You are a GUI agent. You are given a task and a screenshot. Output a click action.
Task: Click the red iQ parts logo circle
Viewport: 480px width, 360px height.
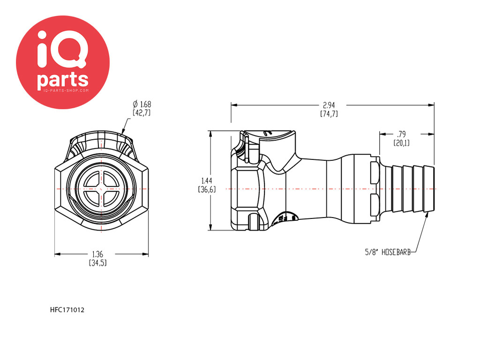click(63, 62)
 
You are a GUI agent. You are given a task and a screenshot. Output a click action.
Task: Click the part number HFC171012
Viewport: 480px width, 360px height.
click(67, 310)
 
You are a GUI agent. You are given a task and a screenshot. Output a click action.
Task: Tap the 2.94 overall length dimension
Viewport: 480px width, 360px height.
click(329, 109)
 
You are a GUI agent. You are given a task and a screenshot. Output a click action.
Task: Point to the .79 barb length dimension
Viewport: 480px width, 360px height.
click(401, 138)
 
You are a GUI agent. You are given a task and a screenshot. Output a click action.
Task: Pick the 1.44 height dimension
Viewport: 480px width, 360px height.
click(207, 185)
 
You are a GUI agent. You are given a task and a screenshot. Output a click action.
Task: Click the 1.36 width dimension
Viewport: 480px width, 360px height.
click(97, 258)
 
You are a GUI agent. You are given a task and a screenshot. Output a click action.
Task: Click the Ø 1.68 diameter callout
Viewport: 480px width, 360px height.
click(142, 108)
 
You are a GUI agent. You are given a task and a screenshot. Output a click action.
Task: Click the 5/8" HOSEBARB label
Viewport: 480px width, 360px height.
click(388, 252)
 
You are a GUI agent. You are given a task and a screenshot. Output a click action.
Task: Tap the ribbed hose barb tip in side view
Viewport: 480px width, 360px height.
click(413, 188)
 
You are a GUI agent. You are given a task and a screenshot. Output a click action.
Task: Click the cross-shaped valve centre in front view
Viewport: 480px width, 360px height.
click(101, 188)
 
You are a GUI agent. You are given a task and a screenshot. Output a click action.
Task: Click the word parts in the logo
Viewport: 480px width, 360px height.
click(63, 79)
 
